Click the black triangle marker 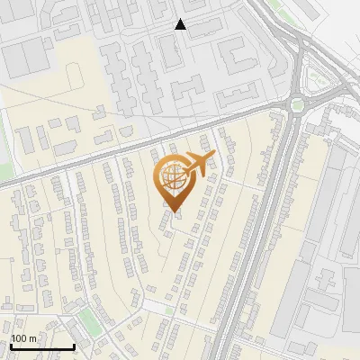point(181,24)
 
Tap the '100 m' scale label point(24,338)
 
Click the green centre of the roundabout point(297,105)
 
